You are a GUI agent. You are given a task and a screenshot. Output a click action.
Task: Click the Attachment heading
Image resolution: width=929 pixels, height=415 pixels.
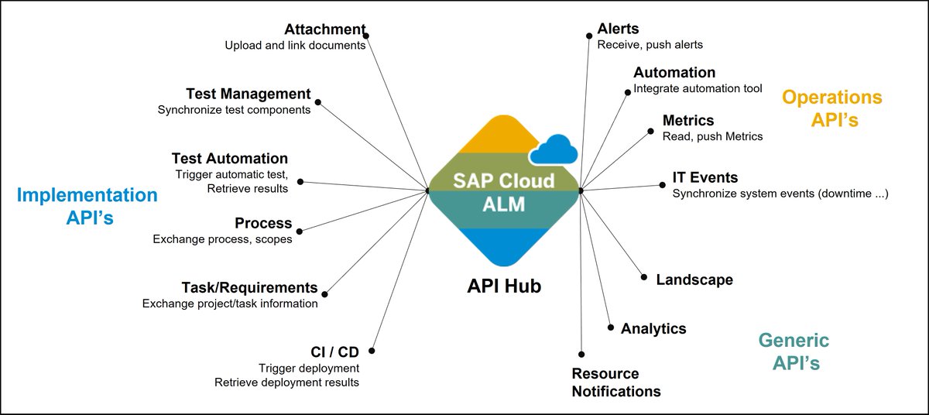[x=324, y=29]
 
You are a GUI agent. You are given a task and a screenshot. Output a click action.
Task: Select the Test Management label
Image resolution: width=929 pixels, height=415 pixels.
[x=248, y=94]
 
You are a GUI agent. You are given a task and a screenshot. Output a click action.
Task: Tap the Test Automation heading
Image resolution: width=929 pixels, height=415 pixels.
[x=229, y=159]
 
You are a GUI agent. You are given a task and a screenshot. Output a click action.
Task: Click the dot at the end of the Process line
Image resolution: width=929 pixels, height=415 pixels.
[x=300, y=231]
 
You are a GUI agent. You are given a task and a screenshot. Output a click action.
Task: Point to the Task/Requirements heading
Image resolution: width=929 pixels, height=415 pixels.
[x=249, y=287]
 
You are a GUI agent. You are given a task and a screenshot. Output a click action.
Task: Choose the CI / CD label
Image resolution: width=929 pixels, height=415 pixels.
[x=334, y=352]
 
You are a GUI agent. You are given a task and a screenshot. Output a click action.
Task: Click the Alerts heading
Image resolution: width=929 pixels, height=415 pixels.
[x=618, y=29]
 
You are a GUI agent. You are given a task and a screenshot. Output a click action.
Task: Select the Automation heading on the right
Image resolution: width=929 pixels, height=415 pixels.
[x=674, y=73]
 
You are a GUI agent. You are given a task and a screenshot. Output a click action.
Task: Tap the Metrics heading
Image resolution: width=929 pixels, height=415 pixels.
[x=688, y=121]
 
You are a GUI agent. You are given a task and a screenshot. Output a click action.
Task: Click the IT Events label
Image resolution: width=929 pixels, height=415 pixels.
[x=705, y=178]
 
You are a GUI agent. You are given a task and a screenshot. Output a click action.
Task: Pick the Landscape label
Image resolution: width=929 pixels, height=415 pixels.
[x=694, y=280]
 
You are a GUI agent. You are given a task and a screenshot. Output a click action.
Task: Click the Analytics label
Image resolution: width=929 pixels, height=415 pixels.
[x=653, y=328]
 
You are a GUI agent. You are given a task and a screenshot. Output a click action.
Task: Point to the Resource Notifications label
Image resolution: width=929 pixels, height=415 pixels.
[x=616, y=382]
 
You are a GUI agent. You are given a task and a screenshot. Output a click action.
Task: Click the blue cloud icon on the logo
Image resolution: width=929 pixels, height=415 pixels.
[x=554, y=149]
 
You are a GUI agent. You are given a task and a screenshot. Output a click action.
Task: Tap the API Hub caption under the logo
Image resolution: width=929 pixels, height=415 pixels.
[x=504, y=286]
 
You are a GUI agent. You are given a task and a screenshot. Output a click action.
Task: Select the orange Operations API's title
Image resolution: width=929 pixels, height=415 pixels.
[x=831, y=108]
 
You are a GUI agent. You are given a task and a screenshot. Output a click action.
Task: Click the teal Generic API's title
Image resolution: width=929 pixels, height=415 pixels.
[x=794, y=352]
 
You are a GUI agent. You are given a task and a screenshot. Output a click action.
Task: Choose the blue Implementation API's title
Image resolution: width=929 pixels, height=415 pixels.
[x=87, y=206]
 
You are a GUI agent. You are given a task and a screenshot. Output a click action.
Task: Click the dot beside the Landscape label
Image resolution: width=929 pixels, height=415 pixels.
[x=643, y=277]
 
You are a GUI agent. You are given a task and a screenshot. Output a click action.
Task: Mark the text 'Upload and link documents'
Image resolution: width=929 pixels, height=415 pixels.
[x=295, y=46]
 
